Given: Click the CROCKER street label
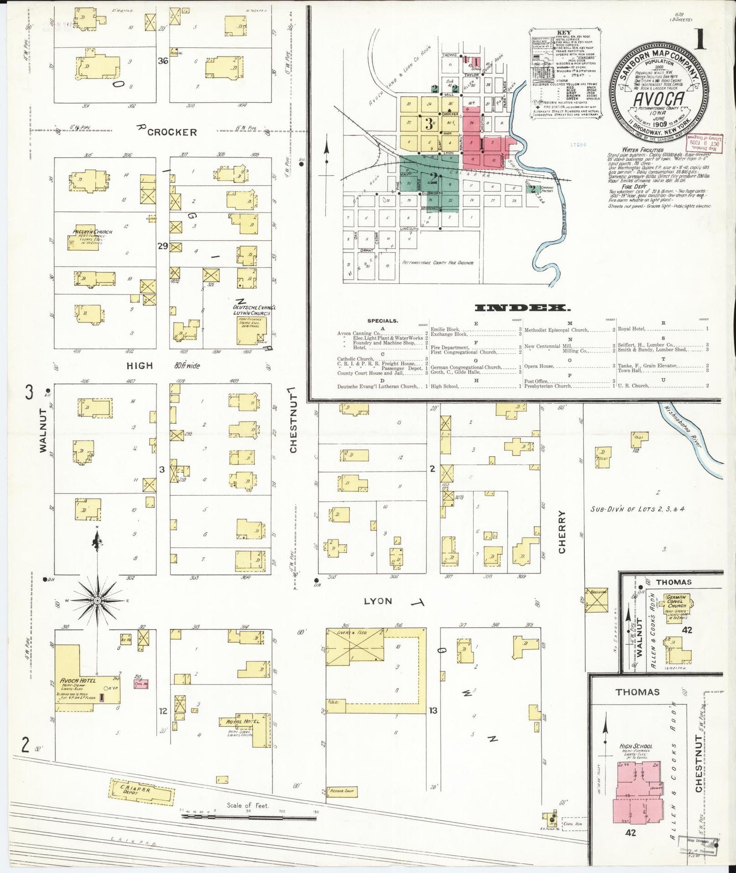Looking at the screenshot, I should tap(172, 132).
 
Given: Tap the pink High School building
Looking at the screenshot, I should tap(638, 795).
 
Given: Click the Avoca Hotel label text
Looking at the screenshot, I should tap(77, 680).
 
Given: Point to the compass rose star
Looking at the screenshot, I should tap(97, 601).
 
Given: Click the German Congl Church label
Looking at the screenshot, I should tap(676, 602).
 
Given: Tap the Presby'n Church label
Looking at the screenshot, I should tap(92, 232).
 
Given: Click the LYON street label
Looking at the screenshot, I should tap(378, 601).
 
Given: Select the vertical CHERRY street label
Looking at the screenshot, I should tap(562, 532).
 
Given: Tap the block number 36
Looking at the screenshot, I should tap(163, 61).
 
